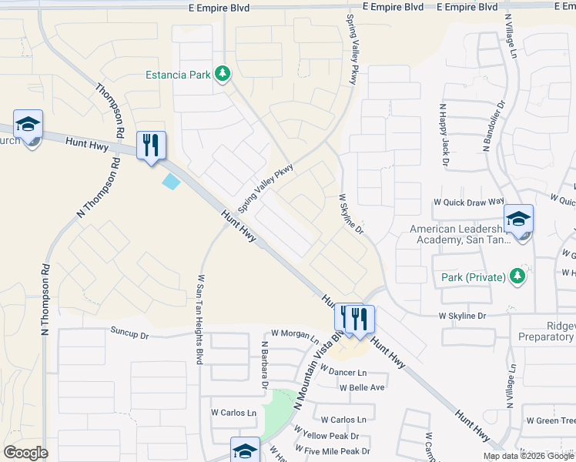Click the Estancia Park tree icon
pos(223,74)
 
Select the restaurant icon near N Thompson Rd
pos(151,145)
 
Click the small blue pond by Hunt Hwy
pos(171,182)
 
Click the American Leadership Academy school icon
pos(518,219)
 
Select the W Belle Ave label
pos(362,387)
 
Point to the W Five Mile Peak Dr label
pos(337,451)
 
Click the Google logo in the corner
pos(26,453)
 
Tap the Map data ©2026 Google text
pos(528,457)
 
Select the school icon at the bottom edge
pos(245,450)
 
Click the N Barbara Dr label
pos(263,363)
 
